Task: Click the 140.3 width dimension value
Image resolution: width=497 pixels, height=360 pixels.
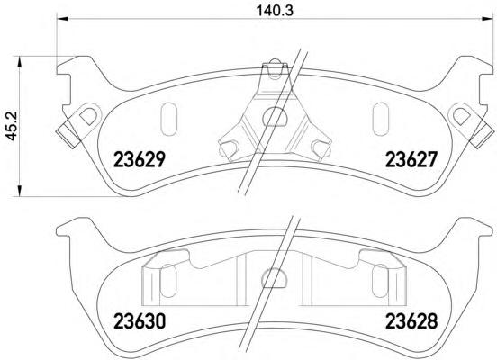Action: pyautogui.click(x=275, y=11)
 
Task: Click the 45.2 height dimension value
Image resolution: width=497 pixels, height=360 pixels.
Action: pyautogui.click(x=13, y=126)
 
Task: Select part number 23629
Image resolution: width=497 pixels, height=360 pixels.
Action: pyautogui.click(x=140, y=159)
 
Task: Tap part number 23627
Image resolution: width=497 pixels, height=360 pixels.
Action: pyautogui.click(x=411, y=159)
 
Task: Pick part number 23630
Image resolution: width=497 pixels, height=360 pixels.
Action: pyautogui.click(x=140, y=321)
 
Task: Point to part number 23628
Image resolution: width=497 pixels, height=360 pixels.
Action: pyautogui.click(x=411, y=321)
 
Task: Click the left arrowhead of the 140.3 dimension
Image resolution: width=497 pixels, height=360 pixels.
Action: pyautogui.click(x=62, y=19)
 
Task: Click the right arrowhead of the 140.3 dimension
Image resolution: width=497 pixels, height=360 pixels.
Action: pyautogui.click(x=487, y=19)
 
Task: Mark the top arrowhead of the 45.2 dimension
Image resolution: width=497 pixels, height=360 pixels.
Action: pyautogui.click(x=19, y=62)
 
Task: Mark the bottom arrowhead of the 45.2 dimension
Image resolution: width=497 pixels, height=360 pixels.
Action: pyautogui.click(x=19, y=191)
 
